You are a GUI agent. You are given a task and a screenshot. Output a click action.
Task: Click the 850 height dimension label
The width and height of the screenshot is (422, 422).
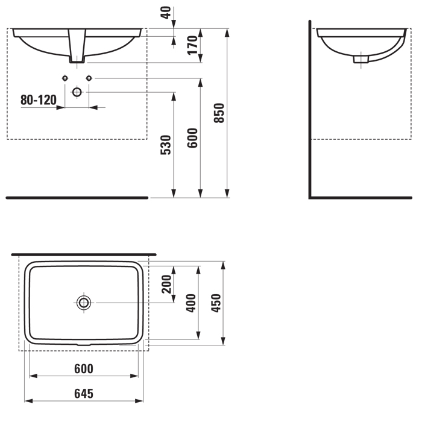219,113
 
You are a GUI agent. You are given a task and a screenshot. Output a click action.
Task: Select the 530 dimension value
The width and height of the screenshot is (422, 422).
166,145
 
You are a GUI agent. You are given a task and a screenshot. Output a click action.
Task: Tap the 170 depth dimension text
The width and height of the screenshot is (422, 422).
193,45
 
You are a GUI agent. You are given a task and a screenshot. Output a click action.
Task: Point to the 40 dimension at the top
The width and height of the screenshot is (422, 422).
166,13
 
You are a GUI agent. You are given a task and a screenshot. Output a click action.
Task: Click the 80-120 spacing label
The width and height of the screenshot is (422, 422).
39,100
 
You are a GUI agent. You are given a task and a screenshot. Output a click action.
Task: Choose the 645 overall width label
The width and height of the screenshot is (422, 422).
84,394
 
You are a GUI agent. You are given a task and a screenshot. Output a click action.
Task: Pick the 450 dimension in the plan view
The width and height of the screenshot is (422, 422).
216,303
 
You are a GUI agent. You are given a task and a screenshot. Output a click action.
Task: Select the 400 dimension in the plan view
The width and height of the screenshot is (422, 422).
191,303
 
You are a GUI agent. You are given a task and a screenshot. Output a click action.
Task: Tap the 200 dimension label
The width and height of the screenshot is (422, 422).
166,284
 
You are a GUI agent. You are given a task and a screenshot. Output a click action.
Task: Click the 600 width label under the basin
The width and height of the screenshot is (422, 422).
84,369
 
